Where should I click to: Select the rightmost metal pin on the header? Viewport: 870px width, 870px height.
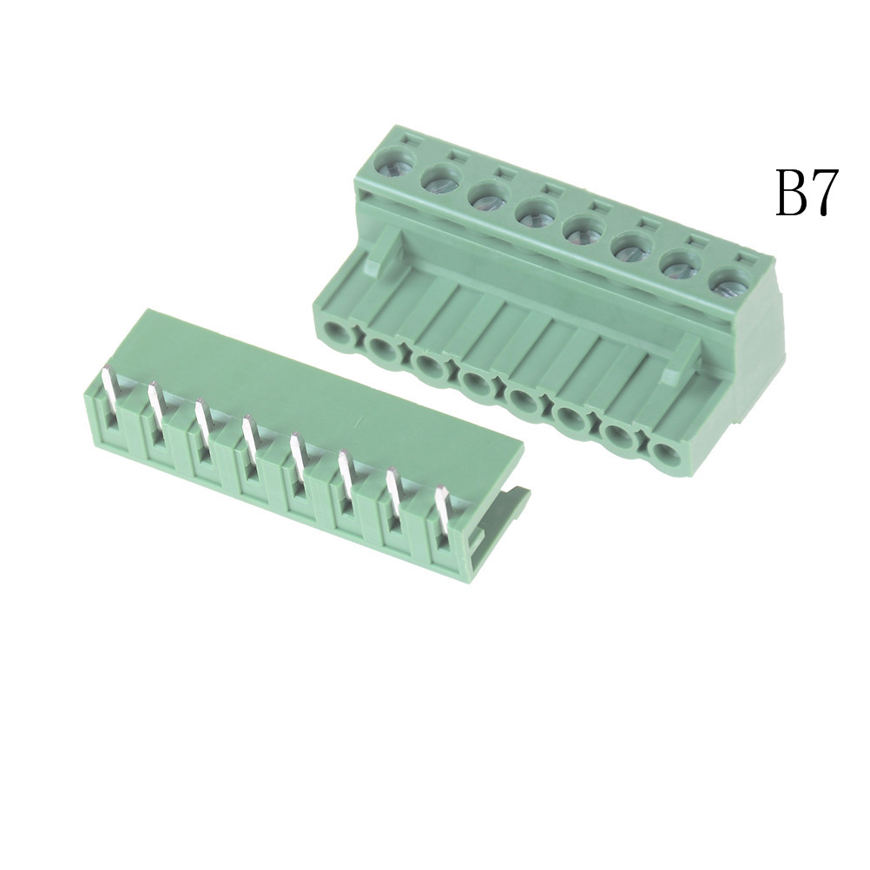(441, 517)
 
